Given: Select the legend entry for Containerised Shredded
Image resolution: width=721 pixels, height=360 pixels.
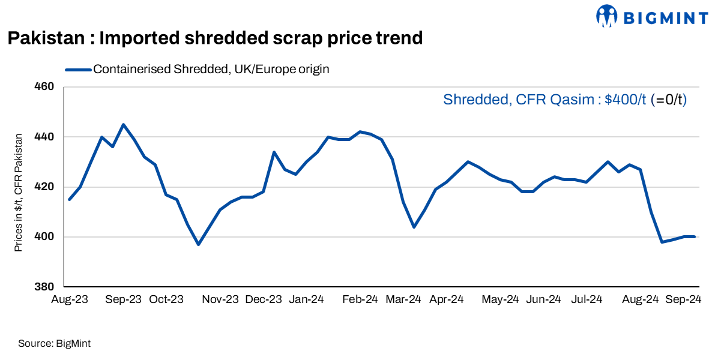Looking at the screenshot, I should pos(211,69).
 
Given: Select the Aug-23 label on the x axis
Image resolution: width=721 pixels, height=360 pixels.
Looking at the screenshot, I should pos(70,299).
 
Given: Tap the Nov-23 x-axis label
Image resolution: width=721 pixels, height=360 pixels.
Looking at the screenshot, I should pos(220,299).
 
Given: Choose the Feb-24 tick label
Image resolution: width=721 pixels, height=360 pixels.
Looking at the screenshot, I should pos(360,299).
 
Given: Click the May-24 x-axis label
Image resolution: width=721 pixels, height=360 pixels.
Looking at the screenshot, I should pos(501,299).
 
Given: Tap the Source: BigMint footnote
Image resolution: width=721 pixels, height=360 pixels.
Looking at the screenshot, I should pos(54,344).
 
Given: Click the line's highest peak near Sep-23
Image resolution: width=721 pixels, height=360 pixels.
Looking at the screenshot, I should pos(123,124).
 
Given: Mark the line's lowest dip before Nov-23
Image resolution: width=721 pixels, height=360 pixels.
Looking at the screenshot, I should pos(198,244).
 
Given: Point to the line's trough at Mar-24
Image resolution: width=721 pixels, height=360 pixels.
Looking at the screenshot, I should pos(414,227).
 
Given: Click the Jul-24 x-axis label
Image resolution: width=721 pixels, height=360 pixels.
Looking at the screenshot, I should pos(587,299).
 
